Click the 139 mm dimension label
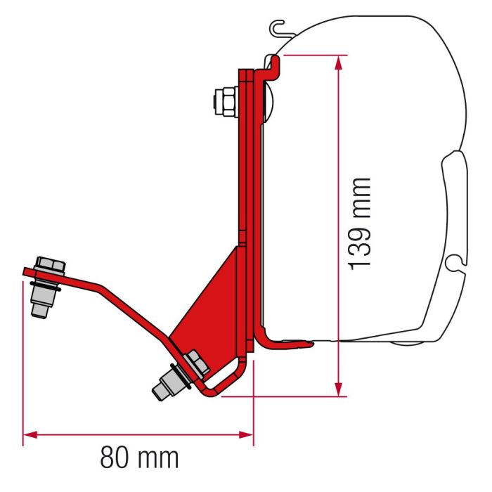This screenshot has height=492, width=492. click(360, 223)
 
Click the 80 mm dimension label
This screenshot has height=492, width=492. click(139, 458)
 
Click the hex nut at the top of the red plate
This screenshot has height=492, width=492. click(227, 101)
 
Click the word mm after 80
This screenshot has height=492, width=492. click(162, 458)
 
